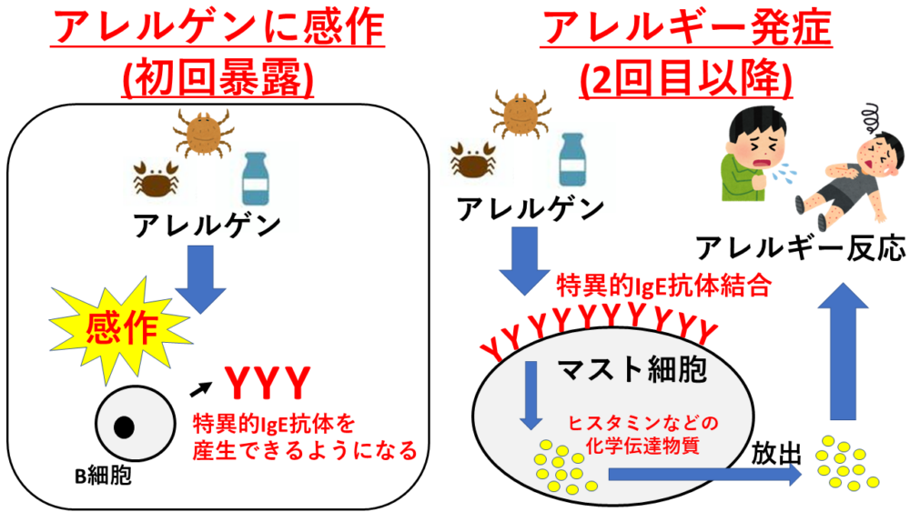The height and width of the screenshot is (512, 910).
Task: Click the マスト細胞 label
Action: click(x=627, y=369)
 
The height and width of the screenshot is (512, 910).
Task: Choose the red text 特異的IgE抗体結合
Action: click(x=664, y=288)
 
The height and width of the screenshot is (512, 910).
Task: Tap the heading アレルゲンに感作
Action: click(x=217, y=29)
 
